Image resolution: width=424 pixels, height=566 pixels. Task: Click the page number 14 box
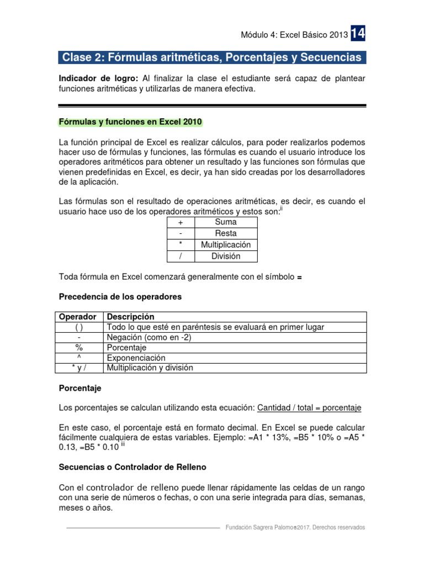357,34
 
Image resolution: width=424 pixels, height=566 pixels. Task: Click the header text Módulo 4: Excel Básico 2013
294,35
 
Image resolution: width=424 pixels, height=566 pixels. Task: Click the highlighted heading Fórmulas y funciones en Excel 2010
130,122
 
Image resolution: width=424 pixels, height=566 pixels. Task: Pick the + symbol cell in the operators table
181,222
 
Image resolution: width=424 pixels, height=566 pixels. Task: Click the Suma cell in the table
226,222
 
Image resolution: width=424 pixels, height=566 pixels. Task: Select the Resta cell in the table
226,233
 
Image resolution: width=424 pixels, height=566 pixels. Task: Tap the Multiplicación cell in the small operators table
226,244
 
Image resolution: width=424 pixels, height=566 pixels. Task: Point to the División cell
226,256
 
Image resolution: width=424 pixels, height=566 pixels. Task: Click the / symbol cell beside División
181,256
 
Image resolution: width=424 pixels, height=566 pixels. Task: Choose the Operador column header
78,317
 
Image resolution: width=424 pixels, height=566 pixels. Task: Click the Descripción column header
130,317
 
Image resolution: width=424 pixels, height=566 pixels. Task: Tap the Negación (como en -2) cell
149,338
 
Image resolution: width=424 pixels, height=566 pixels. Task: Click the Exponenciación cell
136,358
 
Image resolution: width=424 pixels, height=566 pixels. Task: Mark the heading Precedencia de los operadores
120,297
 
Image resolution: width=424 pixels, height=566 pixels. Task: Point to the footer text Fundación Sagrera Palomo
258,527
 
